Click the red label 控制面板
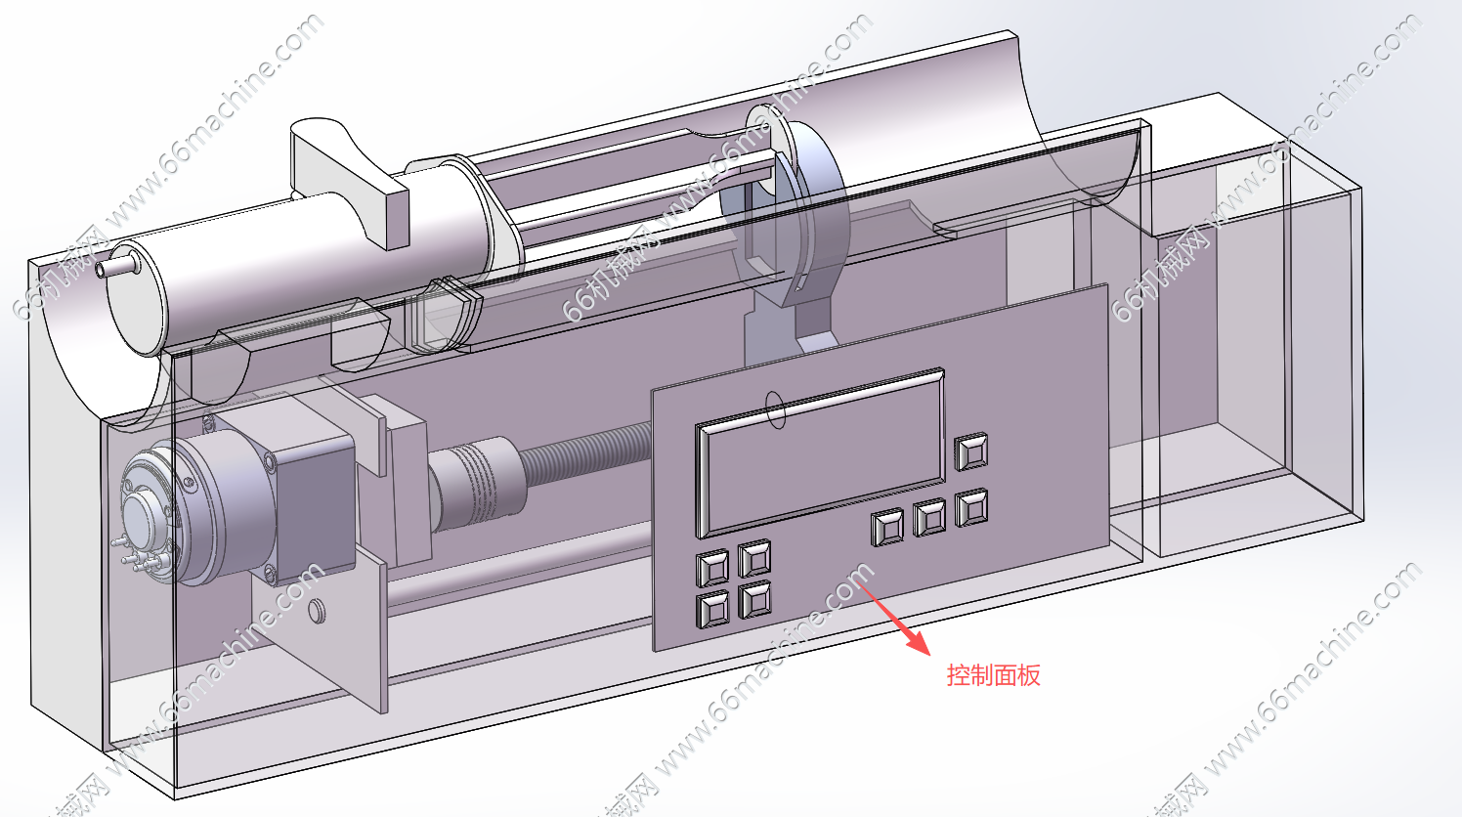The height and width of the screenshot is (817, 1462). pyautogui.click(x=993, y=675)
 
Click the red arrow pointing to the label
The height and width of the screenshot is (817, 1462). pyautogui.click(x=893, y=616)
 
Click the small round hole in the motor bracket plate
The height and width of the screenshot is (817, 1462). pyautogui.click(x=316, y=612)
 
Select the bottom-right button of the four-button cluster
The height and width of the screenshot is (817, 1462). pyautogui.click(x=754, y=598)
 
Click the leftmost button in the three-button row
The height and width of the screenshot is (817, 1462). pyautogui.click(x=887, y=528)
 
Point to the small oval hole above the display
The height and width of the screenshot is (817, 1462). pyautogui.click(x=775, y=409)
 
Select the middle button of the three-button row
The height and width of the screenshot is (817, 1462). pyautogui.click(x=929, y=517)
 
